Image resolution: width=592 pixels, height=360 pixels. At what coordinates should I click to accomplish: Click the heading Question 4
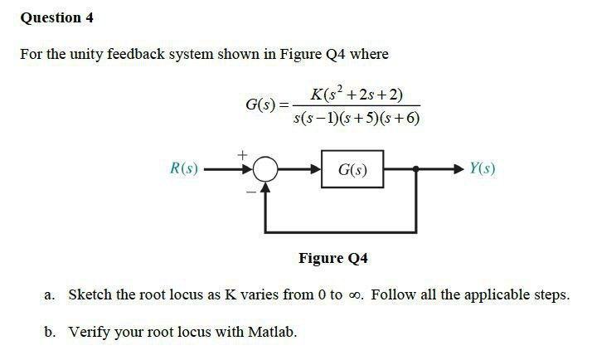[x=51, y=17]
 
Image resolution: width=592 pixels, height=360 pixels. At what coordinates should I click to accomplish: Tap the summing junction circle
[x=265, y=169]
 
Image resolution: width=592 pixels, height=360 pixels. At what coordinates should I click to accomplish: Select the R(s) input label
[x=183, y=168]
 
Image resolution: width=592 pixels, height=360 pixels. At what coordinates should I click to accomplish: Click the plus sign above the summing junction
[x=243, y=154]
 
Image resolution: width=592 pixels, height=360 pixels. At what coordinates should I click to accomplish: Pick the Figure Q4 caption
[x=332, y=258]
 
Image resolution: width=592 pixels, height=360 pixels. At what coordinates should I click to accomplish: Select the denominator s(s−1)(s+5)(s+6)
[x=357, y=118]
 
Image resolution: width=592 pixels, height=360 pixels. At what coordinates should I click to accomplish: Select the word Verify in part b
[x=88, y=332]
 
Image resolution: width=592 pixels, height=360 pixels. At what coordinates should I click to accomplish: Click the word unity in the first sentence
[x=79, y=55]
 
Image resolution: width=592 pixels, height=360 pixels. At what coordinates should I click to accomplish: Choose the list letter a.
[x=50, y=295]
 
